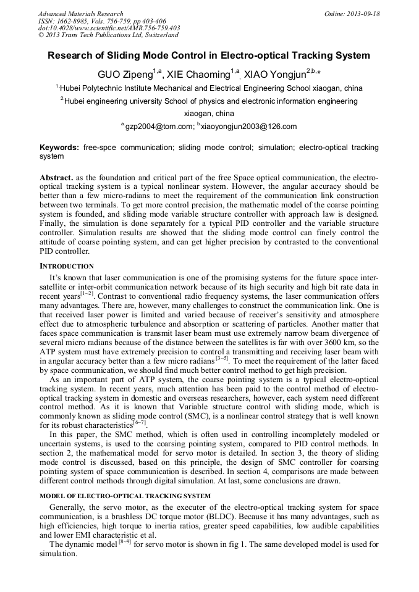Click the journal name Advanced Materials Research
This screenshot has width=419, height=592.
[x=80, y=14]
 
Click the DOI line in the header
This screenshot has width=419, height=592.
[x=109, y=28]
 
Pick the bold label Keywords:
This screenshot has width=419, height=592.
[x=59, y=148]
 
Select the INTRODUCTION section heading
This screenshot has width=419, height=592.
[x=67, y=266]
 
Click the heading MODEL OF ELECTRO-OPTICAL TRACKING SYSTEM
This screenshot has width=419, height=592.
[x=125, y=496]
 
